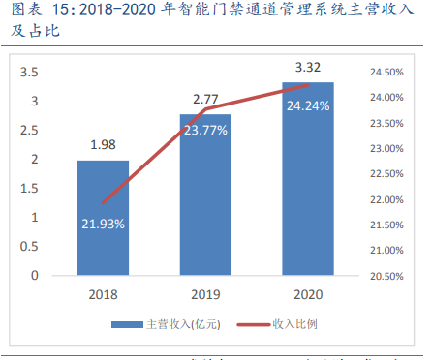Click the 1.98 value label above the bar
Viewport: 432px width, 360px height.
(103, 146)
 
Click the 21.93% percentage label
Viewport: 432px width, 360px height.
(103, 224)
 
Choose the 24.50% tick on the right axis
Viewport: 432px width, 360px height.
(386, 73)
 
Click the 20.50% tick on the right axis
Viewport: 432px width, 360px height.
(386, 276)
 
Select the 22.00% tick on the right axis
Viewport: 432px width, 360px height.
(386, 199)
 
